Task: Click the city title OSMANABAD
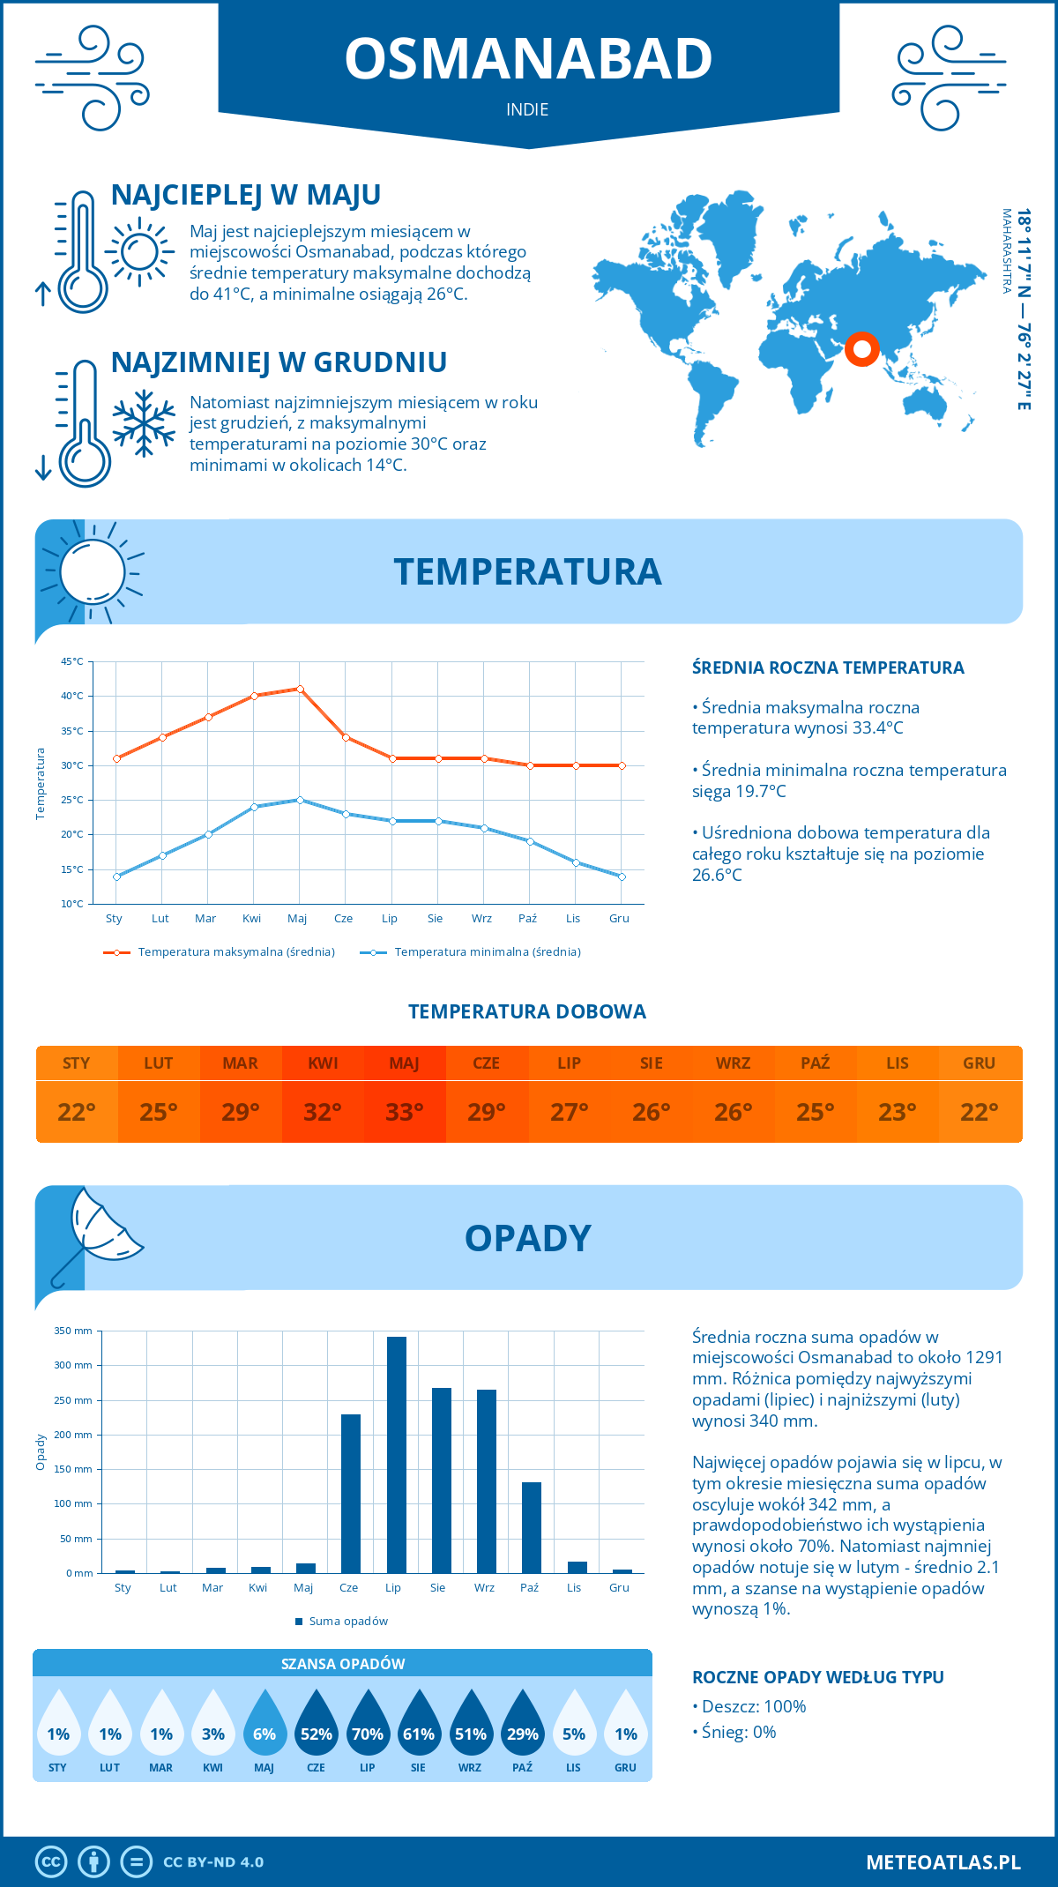528,59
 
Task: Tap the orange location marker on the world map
861,349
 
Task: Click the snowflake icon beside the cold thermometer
144,423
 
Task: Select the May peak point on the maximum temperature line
300,689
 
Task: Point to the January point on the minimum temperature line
116,876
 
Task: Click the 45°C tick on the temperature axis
72,661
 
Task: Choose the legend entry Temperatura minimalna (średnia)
487,952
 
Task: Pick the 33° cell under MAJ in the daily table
405,1112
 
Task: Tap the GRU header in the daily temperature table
979,1063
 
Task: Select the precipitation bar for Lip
397,1455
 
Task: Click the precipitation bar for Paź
532,1527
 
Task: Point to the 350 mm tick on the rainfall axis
73,1331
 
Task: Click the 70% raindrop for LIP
368,1729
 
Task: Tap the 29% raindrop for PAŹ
522,1729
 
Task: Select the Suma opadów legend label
348,1622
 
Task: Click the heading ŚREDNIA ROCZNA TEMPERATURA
828,668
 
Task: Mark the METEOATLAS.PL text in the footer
943,1862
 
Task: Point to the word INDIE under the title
527,109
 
